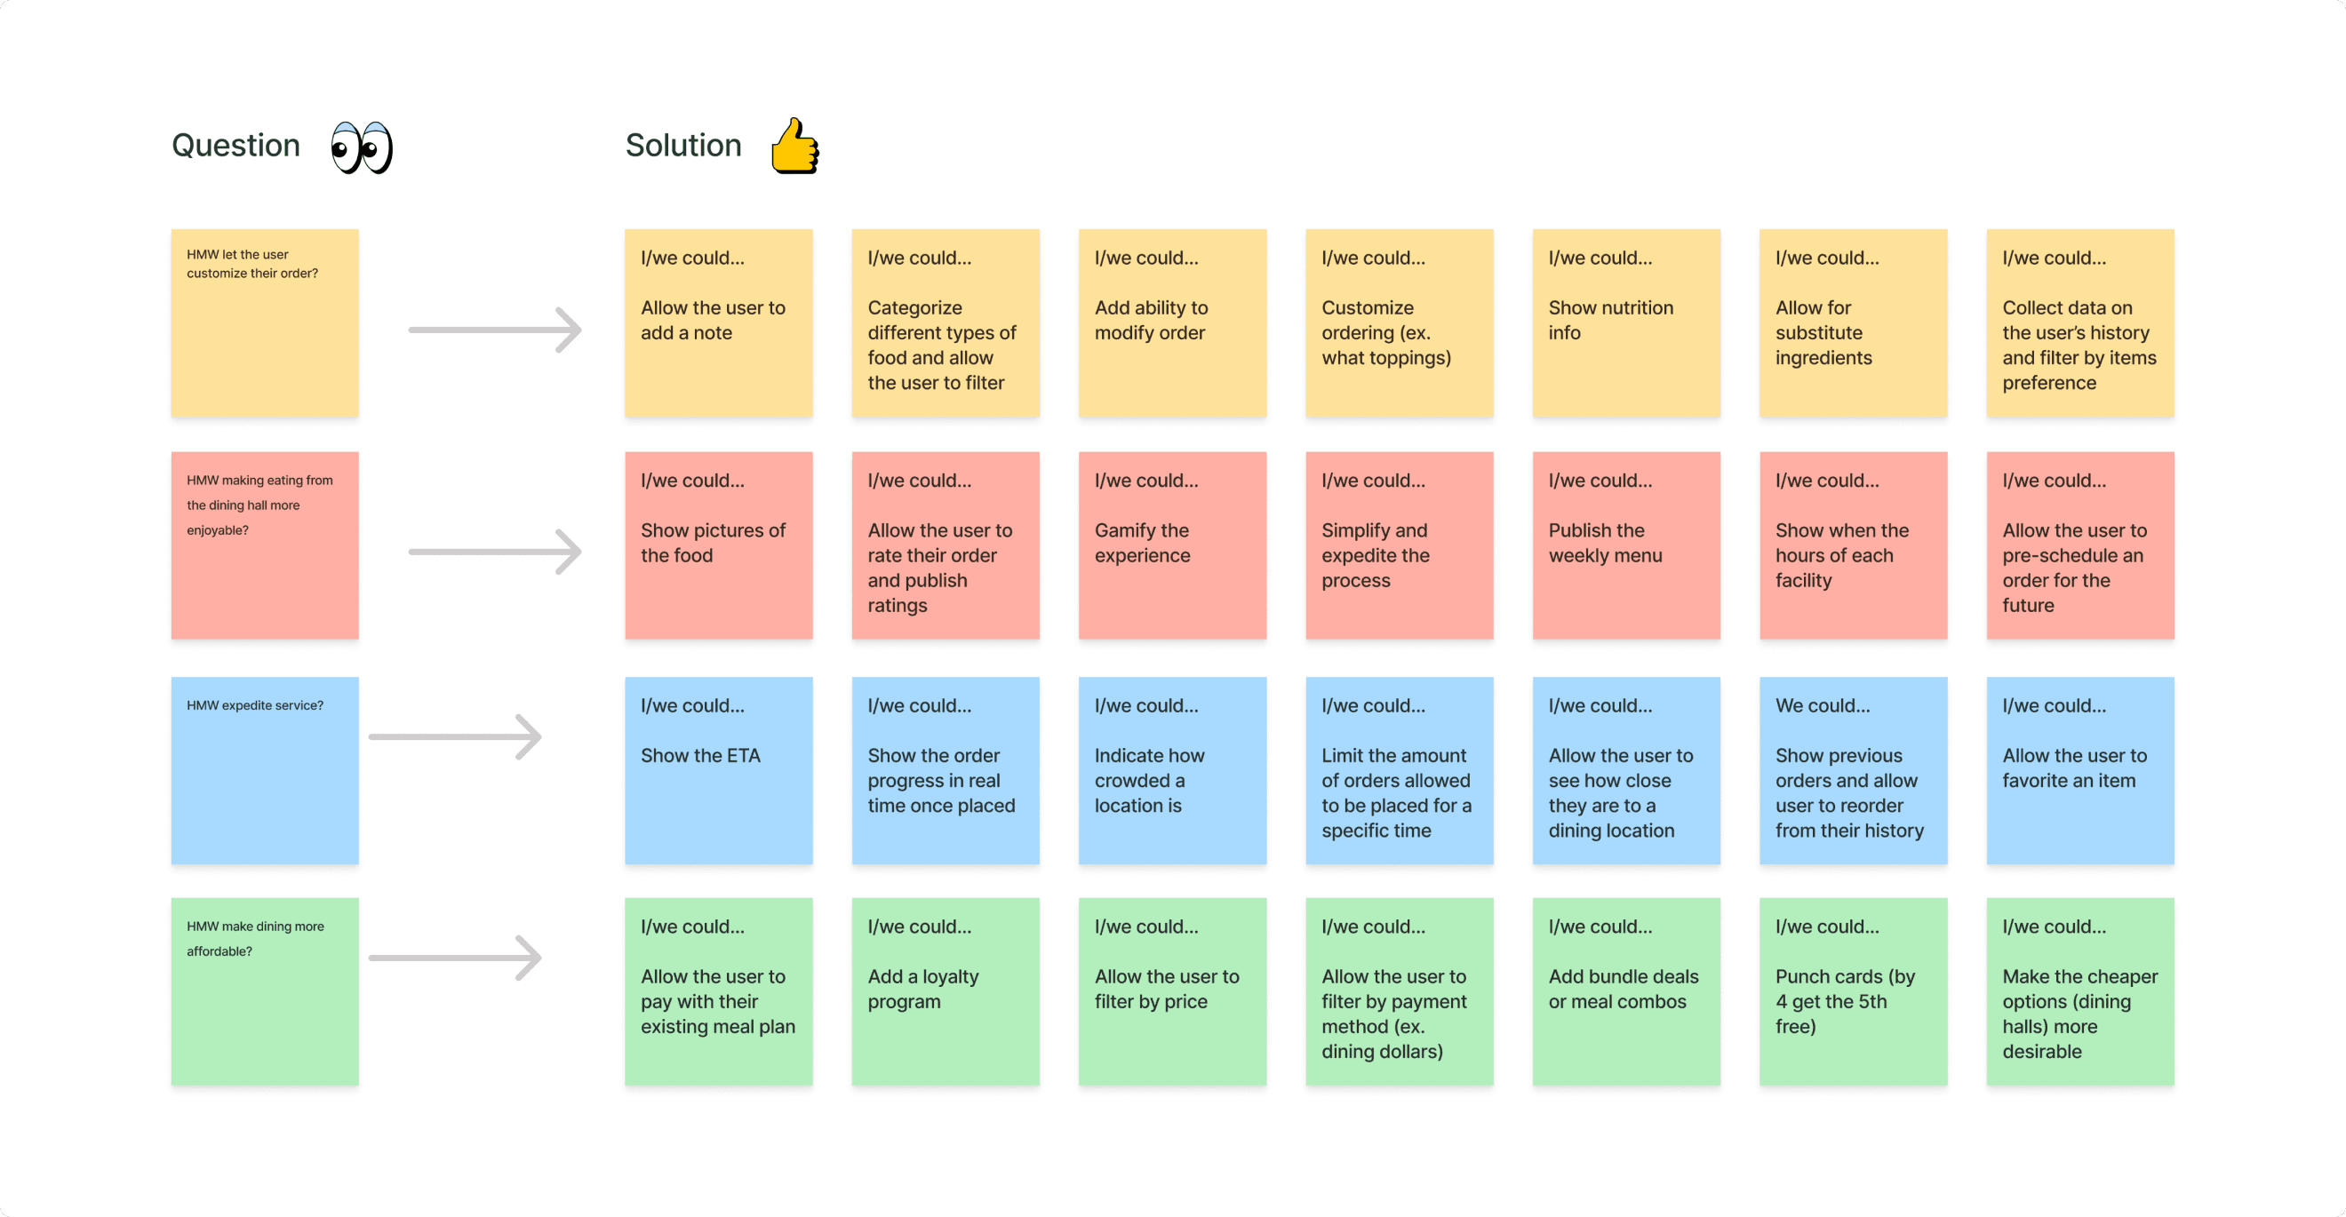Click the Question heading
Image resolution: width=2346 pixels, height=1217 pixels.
[x=235, y=146]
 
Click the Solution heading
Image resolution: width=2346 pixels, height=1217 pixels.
[x=683, y=146]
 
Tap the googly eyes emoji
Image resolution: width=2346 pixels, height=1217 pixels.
[x=362, y=147]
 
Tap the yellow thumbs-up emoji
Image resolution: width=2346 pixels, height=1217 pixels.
[x=795, y=146]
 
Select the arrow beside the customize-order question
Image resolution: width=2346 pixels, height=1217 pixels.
[x=494, y=330]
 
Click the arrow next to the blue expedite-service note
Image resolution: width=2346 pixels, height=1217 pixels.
[x=454, y=736]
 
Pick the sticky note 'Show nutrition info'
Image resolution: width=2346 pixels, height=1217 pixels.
[x=1626, y=323]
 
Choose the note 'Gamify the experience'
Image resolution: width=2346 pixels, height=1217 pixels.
[x=1173, y=546]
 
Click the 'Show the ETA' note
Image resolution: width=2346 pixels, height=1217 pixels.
[x=719, y=771]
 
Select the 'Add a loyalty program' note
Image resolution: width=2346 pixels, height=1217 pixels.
[x=946, y=992]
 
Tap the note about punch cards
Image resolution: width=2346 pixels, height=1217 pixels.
[x=1854, y=992]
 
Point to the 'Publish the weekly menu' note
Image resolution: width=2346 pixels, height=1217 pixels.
[x=1626, y=546]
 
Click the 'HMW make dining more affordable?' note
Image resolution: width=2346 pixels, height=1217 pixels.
[x=265, y=992]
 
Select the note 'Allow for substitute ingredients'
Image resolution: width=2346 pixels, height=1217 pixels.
[x=1854, y=323]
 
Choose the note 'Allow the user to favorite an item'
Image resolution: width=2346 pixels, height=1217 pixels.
[x=2080, y=771]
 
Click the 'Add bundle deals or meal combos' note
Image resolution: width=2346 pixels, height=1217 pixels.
[x=1626, y=992]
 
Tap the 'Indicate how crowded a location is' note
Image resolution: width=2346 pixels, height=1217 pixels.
[x=1173, y=771]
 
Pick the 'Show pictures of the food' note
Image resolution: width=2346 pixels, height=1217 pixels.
[x=719, y=546]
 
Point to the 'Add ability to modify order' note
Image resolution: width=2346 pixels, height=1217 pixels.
[x=1173, y=323]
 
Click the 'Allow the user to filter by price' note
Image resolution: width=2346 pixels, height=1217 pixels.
[x=1173, y=992]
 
